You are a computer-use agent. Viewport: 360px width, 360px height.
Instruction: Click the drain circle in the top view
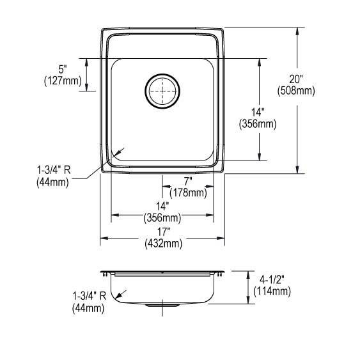pos(162,74)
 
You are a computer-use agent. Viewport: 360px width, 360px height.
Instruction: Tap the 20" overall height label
pos(296,79)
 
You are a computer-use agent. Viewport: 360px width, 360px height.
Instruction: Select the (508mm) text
pos(296,91)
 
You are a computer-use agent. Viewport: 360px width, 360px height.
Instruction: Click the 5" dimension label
pos(63,69)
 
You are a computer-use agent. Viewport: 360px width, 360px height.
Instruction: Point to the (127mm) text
pos(63,81)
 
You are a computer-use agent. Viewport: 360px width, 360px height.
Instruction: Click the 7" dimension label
pos(188,182)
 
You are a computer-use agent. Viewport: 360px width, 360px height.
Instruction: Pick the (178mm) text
pos(188,192)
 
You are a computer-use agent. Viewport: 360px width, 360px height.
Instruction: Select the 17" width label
pos(163,231)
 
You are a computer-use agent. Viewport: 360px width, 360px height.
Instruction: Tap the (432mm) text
pos(164,243)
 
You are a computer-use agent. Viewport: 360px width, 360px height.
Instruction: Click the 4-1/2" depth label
pos(272,280)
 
